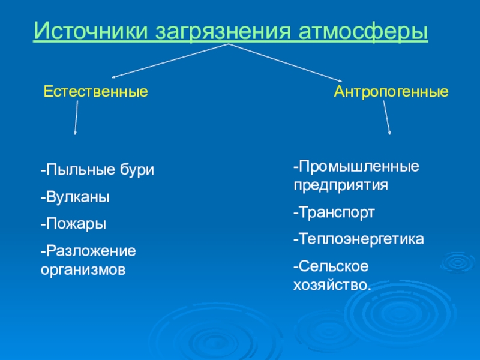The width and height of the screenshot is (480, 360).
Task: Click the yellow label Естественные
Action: click(x=96, y=93)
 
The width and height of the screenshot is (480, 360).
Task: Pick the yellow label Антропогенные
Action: click(x=391, y=93)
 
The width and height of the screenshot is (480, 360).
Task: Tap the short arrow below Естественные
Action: click(x=76, y=118)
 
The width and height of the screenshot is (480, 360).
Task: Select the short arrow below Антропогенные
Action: click(x=388, y=118)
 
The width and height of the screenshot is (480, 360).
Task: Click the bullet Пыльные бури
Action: click(x=98, y=170)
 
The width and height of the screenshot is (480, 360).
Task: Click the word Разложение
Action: click(x=89, y=250)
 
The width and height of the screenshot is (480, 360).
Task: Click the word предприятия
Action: click(x=341, y=184)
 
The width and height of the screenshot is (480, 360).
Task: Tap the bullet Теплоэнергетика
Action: click(x=358, y=239)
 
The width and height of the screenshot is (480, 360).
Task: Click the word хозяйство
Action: click(x=332, y=284)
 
